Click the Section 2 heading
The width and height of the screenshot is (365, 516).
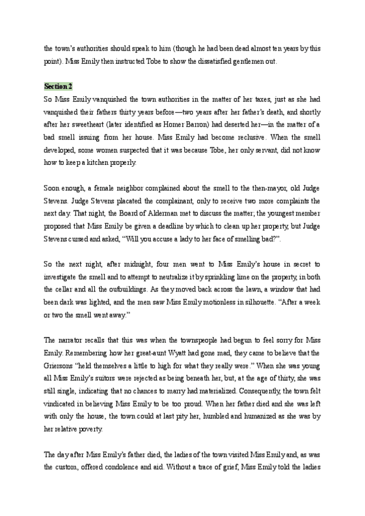point(58,86)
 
